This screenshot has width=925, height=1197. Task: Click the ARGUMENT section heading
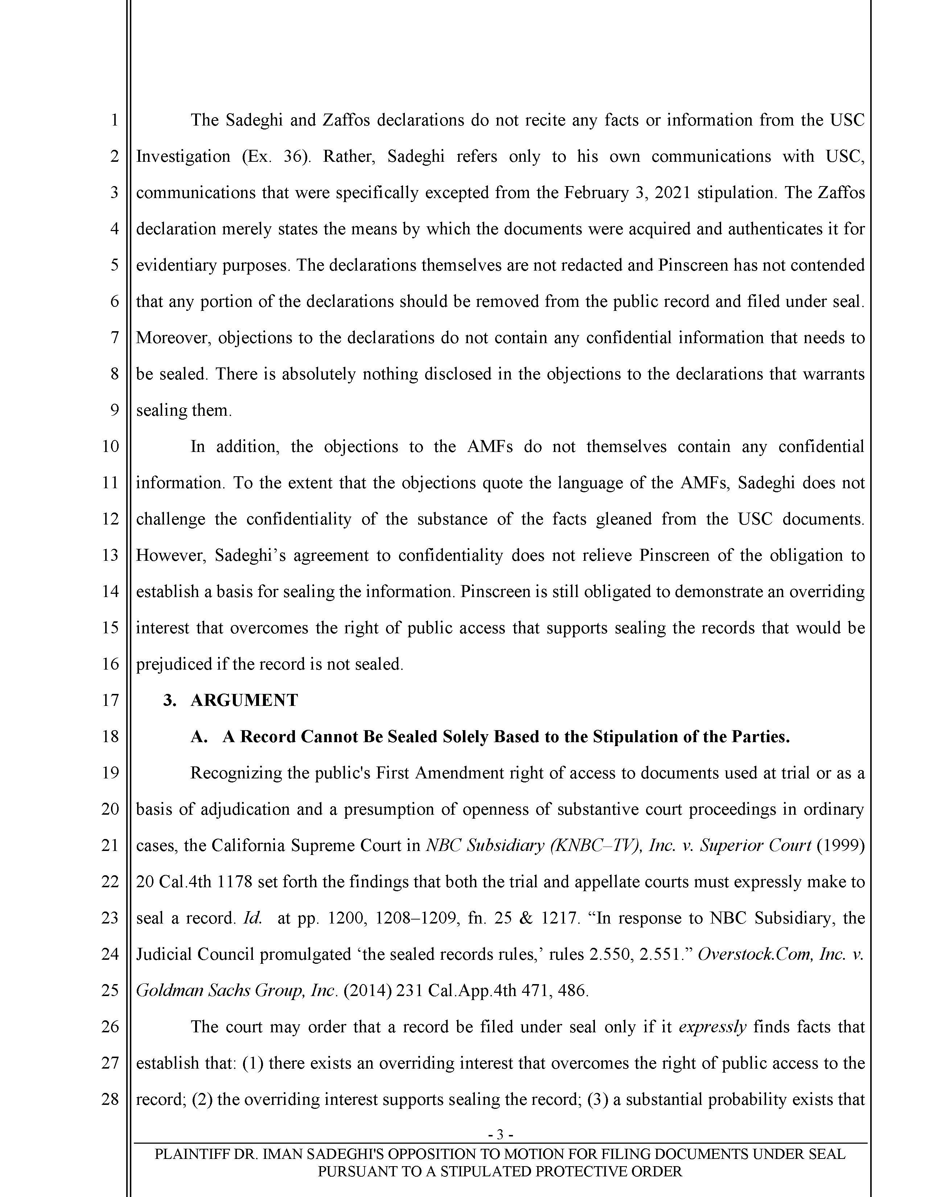coord(244,700)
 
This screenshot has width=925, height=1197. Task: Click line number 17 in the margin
coord(110,700)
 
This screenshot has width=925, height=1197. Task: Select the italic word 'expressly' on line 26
coord(712,1027)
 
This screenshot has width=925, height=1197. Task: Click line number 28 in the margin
coord(110,1099)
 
